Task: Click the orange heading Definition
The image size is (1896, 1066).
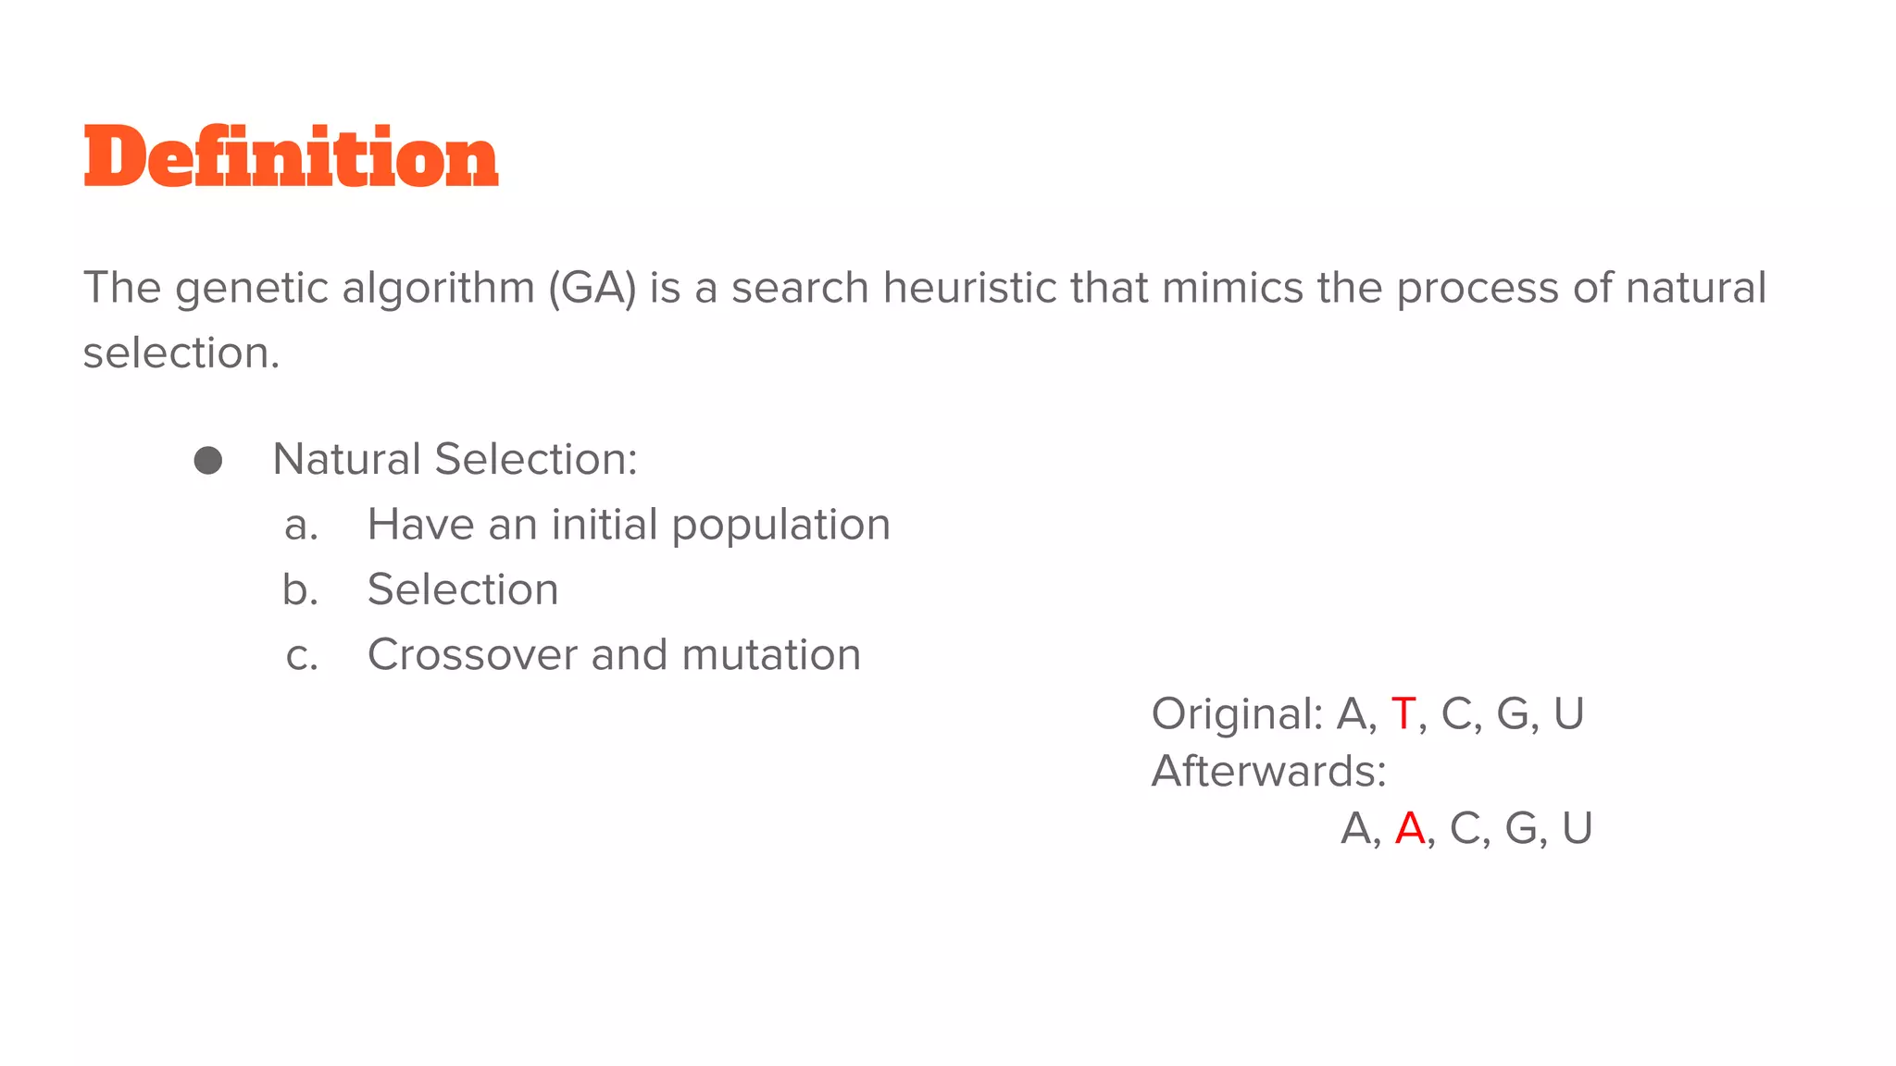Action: tap(291, 157)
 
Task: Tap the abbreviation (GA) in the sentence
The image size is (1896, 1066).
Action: tap(592, 289)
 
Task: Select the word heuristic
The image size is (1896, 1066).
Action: tap(969, 288)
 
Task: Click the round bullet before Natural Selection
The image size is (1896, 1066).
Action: tap(208, 461)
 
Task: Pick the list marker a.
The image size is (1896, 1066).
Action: tap(301, 526)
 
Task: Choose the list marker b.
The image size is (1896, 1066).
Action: tap(300, 590)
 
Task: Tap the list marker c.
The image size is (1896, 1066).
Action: tap(302, 656)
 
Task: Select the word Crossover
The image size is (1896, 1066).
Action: tap(472, 655)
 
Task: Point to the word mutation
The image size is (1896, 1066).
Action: tap(771, 655)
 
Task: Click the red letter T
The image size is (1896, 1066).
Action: tap(1403, 714)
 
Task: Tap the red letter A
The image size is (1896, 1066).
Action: tap(1410, 828)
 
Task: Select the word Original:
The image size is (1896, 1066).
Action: tap(1237, 714)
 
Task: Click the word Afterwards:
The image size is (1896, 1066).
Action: tap(1268, 771)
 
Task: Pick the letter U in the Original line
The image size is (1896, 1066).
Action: tap(1569, 714)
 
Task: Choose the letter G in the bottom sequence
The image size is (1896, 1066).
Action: tap(1521, 828)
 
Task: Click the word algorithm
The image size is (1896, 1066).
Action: tap(438, 289)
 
